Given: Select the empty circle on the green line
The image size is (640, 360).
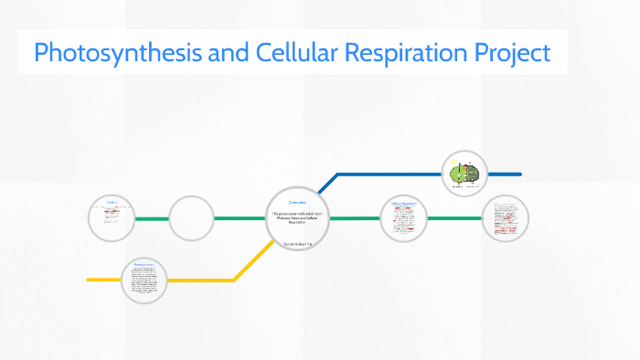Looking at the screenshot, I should (x=191, y=218).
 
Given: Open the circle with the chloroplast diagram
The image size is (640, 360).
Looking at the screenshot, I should (x=464, y=173).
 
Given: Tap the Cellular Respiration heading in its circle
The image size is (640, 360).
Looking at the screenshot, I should (x=403, y=203).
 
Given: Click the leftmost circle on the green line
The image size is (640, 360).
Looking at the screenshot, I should (x=112, y=218).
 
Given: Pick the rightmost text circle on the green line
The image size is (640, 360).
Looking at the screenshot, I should (x=506, y=218).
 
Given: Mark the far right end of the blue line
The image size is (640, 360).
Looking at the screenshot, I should (x=519, y=173).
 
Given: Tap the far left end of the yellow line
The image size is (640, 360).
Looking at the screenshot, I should (x=89, y=279).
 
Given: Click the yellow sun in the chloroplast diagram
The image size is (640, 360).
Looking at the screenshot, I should (x=453, y=163).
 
